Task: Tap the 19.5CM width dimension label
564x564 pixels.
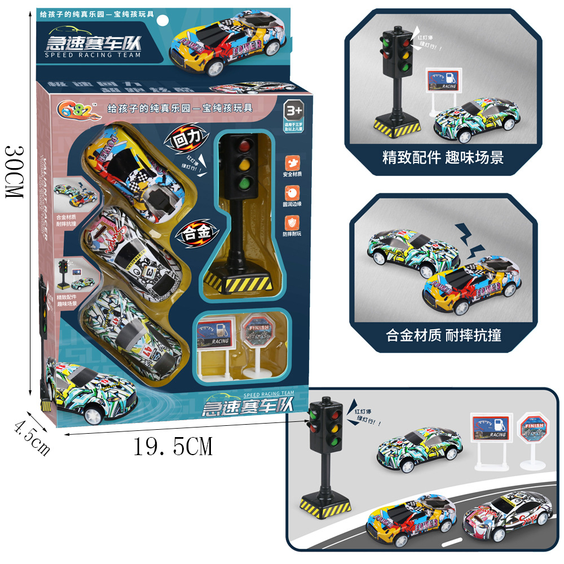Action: (x=173, y=447)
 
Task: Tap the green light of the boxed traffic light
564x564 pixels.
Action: (x=244, y=183)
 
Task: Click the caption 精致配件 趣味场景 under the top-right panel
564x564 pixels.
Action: (x=442, y=157)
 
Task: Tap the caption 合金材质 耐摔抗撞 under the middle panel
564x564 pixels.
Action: (x=443, y=335)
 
